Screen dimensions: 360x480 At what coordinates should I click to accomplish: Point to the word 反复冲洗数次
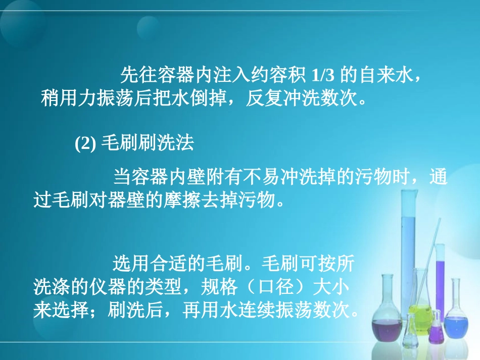301,96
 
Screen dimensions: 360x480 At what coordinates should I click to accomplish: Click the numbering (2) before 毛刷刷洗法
85,144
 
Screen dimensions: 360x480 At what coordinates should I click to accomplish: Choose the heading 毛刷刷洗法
148,144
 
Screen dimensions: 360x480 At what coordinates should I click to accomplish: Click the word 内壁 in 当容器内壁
181,179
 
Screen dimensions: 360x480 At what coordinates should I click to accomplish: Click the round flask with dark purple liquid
388,323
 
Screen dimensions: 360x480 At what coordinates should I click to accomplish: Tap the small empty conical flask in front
412,331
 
